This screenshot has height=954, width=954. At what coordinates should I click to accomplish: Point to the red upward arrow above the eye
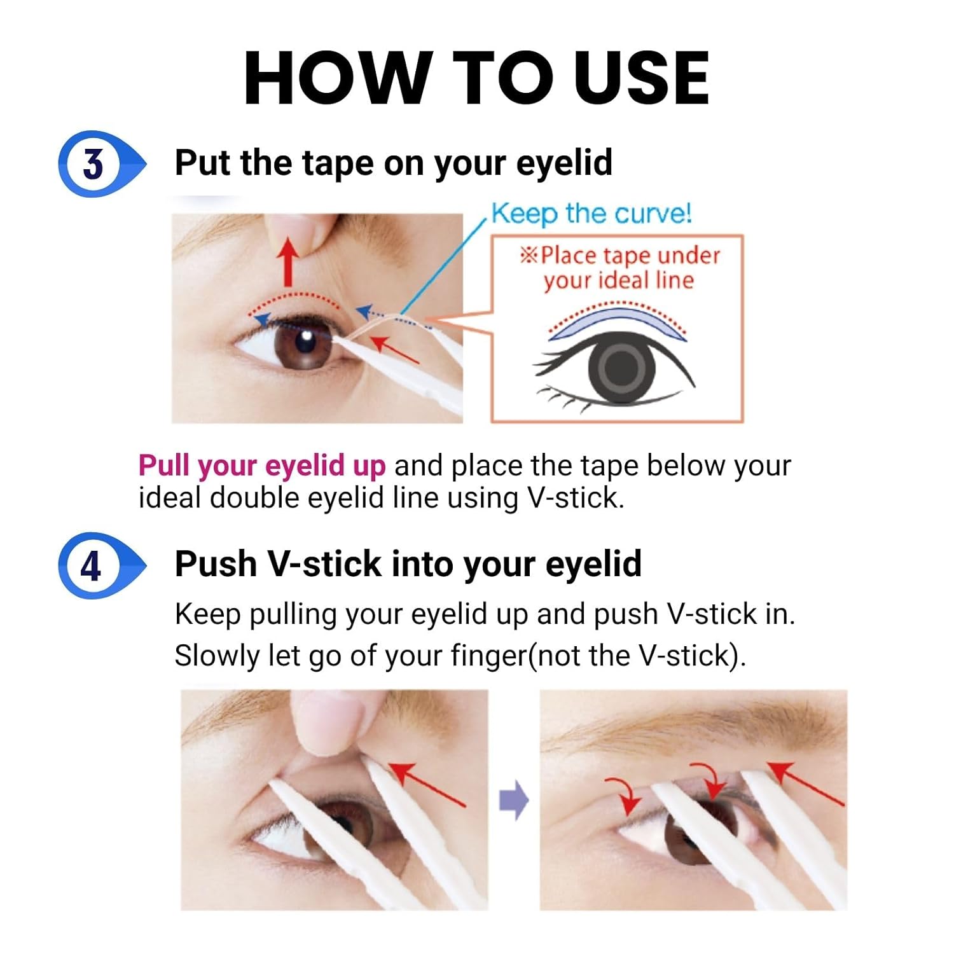tap(289, 261)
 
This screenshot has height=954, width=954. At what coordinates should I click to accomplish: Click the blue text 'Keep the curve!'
tap(591, 213)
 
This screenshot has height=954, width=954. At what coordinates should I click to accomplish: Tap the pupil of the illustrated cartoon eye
tap(618, 368)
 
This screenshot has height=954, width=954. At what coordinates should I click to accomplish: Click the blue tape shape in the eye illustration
tap(617, 322)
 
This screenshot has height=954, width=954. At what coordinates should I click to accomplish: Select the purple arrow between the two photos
tap(514, 800)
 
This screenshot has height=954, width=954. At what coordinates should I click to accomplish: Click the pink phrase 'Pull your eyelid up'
tap(262, 465)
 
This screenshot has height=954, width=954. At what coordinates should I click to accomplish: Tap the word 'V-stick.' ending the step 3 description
tap(576, 497)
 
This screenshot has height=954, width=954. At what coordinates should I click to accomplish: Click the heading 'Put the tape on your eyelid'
tap(393, 163)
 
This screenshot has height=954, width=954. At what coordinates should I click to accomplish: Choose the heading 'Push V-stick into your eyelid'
tap(408, 564)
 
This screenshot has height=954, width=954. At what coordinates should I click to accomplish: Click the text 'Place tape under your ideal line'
tap(620, 268)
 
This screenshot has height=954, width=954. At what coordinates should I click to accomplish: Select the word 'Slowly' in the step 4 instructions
tap(217, 656)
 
